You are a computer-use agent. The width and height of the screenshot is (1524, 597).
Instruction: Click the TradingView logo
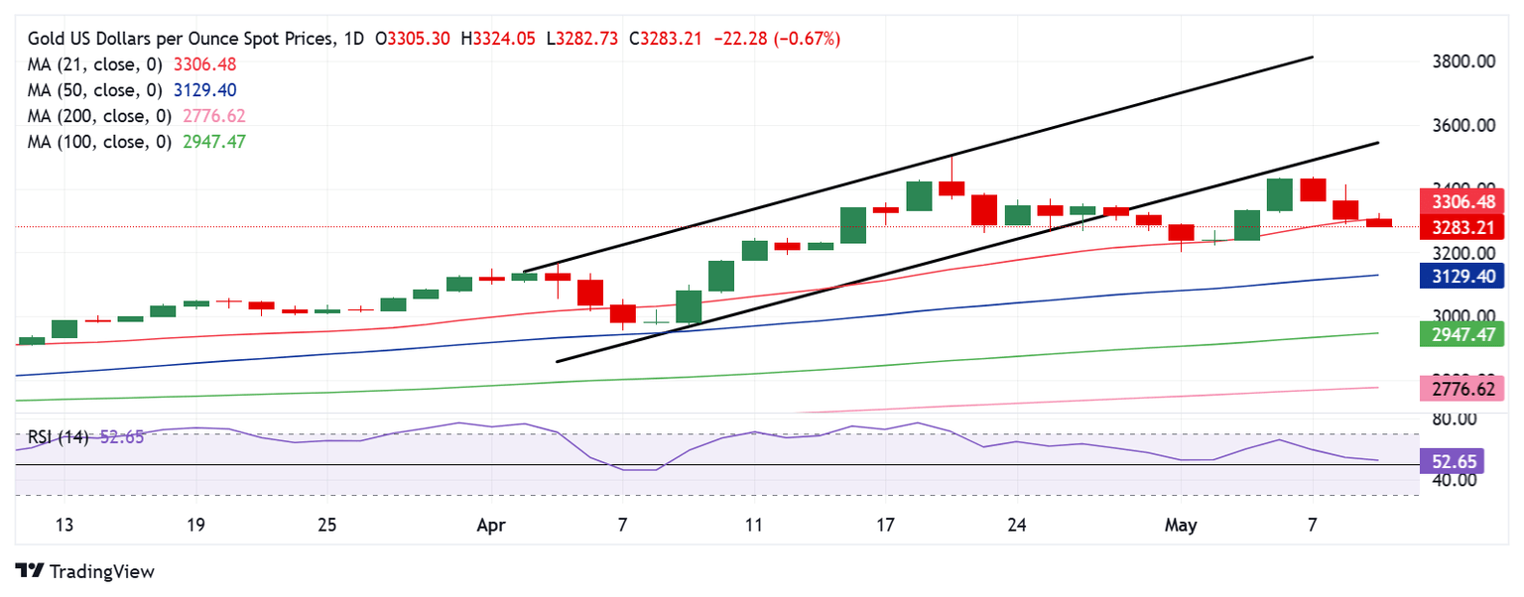85,571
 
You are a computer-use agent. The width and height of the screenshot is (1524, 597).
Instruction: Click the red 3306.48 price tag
1462,201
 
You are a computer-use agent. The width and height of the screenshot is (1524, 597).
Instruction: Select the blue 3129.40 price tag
1462,276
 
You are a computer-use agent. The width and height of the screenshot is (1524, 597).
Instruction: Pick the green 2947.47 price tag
1462,333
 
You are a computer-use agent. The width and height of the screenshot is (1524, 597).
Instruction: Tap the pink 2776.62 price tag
1462,388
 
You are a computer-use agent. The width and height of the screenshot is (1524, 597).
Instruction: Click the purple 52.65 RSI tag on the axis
1462,460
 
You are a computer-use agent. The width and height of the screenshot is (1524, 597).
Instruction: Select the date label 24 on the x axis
1016,524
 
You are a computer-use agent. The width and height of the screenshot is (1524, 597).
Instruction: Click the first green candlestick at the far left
32,341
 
